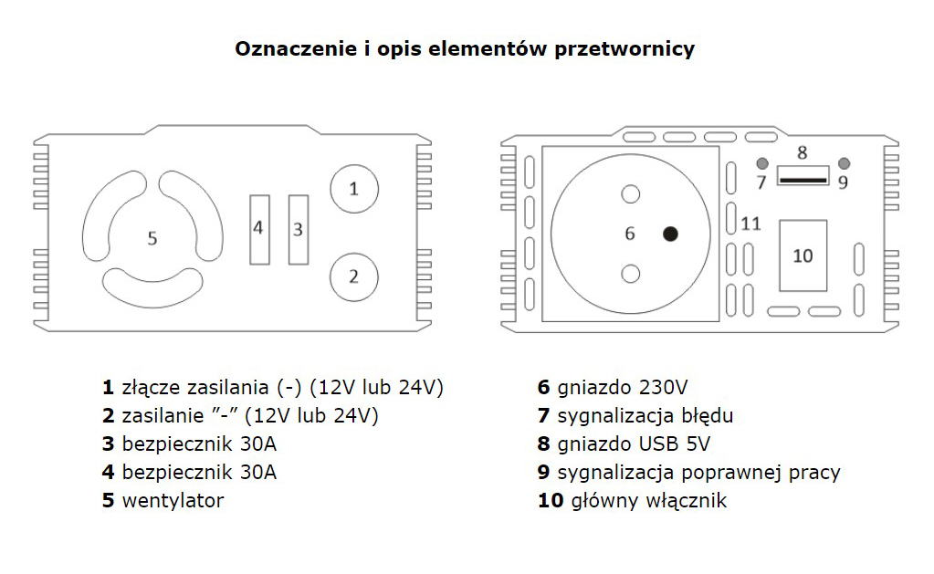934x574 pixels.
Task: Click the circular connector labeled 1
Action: [x=353, y=189]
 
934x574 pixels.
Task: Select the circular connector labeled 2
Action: [x=353, y=275]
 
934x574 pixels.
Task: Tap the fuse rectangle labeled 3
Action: [x=298, y=229]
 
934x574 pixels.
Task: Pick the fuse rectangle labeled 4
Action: [x=259, y=229]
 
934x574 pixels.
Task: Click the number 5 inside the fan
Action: [x=152, y=238]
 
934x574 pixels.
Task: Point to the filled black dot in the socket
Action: [x=671, y=234]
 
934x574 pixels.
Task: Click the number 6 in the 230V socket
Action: [x=629, y=234]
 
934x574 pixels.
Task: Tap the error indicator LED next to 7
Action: [x=761, y=162]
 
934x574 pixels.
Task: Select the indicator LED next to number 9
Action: [x=844, y=162]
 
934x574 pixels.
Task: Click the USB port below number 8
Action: [x=803, y=175]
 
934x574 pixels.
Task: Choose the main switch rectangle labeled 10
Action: [x=803, y=256]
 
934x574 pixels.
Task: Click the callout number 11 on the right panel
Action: [x=750, y=224]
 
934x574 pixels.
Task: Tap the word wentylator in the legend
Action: [x=173, y=500]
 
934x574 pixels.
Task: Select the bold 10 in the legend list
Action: [x=551, y=500]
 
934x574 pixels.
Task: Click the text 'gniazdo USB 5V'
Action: [x=634, y=444]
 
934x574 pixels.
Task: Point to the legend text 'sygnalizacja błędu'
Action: [x=645, y=416]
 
